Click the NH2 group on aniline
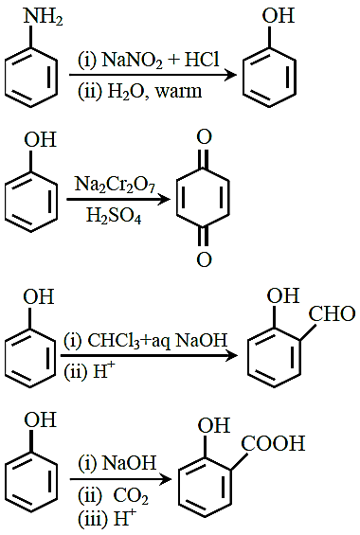(43, 17)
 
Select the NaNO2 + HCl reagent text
(160, 60)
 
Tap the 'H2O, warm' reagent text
(154, 92)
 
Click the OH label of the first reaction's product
(279, 16)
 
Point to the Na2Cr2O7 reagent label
(115, 185)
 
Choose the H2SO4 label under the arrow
(114, 216)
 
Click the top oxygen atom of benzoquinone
(204, 137)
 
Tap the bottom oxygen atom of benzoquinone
(204, 259)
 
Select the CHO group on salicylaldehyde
(332, 314)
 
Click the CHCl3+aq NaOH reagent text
(157, 340)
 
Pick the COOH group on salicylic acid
(273, 443)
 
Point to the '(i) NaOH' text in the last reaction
(117, 463)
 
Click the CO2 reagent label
(131, 495)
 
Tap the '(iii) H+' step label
(107, 519)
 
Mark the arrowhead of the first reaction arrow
(231, 75)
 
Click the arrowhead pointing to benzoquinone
(164, 199)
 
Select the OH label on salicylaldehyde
(283, 295)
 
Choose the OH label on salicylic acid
(214, 426)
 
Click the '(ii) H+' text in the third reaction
(90, 371)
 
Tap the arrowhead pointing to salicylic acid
(166, 479)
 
